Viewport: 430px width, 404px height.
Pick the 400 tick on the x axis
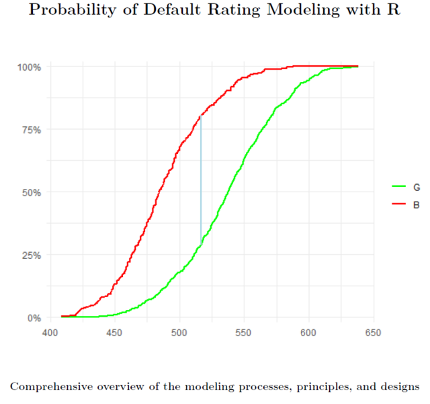(x=50, y=332)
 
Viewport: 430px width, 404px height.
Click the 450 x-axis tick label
(x=114, y=332)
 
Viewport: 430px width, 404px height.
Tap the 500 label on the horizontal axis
(x=179, y=332)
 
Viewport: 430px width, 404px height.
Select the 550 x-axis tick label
(x=244, y=332)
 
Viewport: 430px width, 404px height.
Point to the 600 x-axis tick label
(x=308, y=332)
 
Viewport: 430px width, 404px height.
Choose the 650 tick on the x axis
(x=374, y=332)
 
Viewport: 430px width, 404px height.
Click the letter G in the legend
(x=417, y=187)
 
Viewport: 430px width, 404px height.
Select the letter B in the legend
(x=417, y=204)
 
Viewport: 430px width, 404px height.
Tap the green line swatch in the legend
(x=398, y=187)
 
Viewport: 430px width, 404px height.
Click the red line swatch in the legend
(x=398, y=204)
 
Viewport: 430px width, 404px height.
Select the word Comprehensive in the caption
(x=50, y=387)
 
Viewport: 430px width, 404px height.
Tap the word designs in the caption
(x=399, y=387)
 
